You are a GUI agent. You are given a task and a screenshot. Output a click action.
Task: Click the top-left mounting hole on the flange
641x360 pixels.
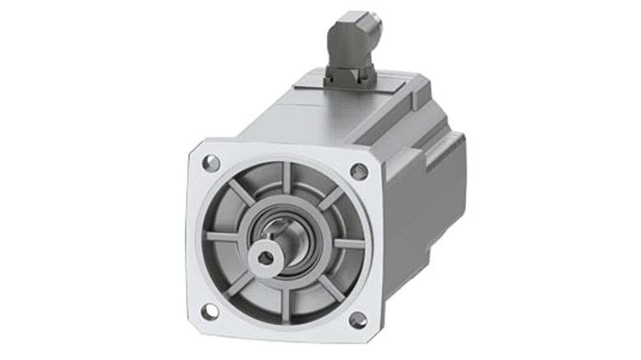[211, 163]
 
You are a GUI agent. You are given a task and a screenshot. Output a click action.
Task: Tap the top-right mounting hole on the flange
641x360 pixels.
[359, 171]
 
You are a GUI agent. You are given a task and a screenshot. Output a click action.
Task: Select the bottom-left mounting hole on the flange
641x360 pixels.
[210, 312]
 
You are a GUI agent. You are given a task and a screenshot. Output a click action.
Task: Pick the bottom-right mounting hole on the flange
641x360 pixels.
[358, 320]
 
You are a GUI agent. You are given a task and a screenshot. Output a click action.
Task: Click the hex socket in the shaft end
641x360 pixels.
[266, 258]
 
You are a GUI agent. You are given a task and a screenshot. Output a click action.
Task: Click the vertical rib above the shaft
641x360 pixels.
[287, 179]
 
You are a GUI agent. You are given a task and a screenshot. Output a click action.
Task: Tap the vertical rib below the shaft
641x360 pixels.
[285, 305]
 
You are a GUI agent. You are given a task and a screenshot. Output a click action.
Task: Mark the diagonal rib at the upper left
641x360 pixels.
[241, 192]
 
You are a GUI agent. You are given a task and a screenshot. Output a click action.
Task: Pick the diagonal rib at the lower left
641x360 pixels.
[240, 285]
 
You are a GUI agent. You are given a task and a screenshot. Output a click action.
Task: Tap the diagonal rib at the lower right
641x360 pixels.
[332, 289]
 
